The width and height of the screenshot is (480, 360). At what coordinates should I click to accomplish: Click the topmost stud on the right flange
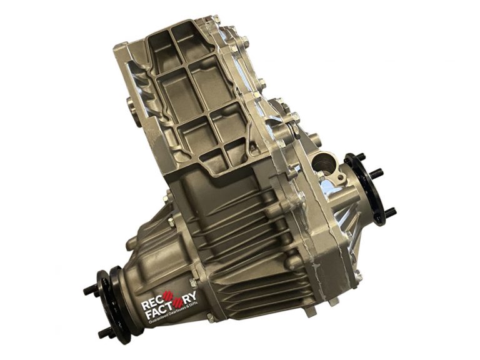(x=361, y=157)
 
